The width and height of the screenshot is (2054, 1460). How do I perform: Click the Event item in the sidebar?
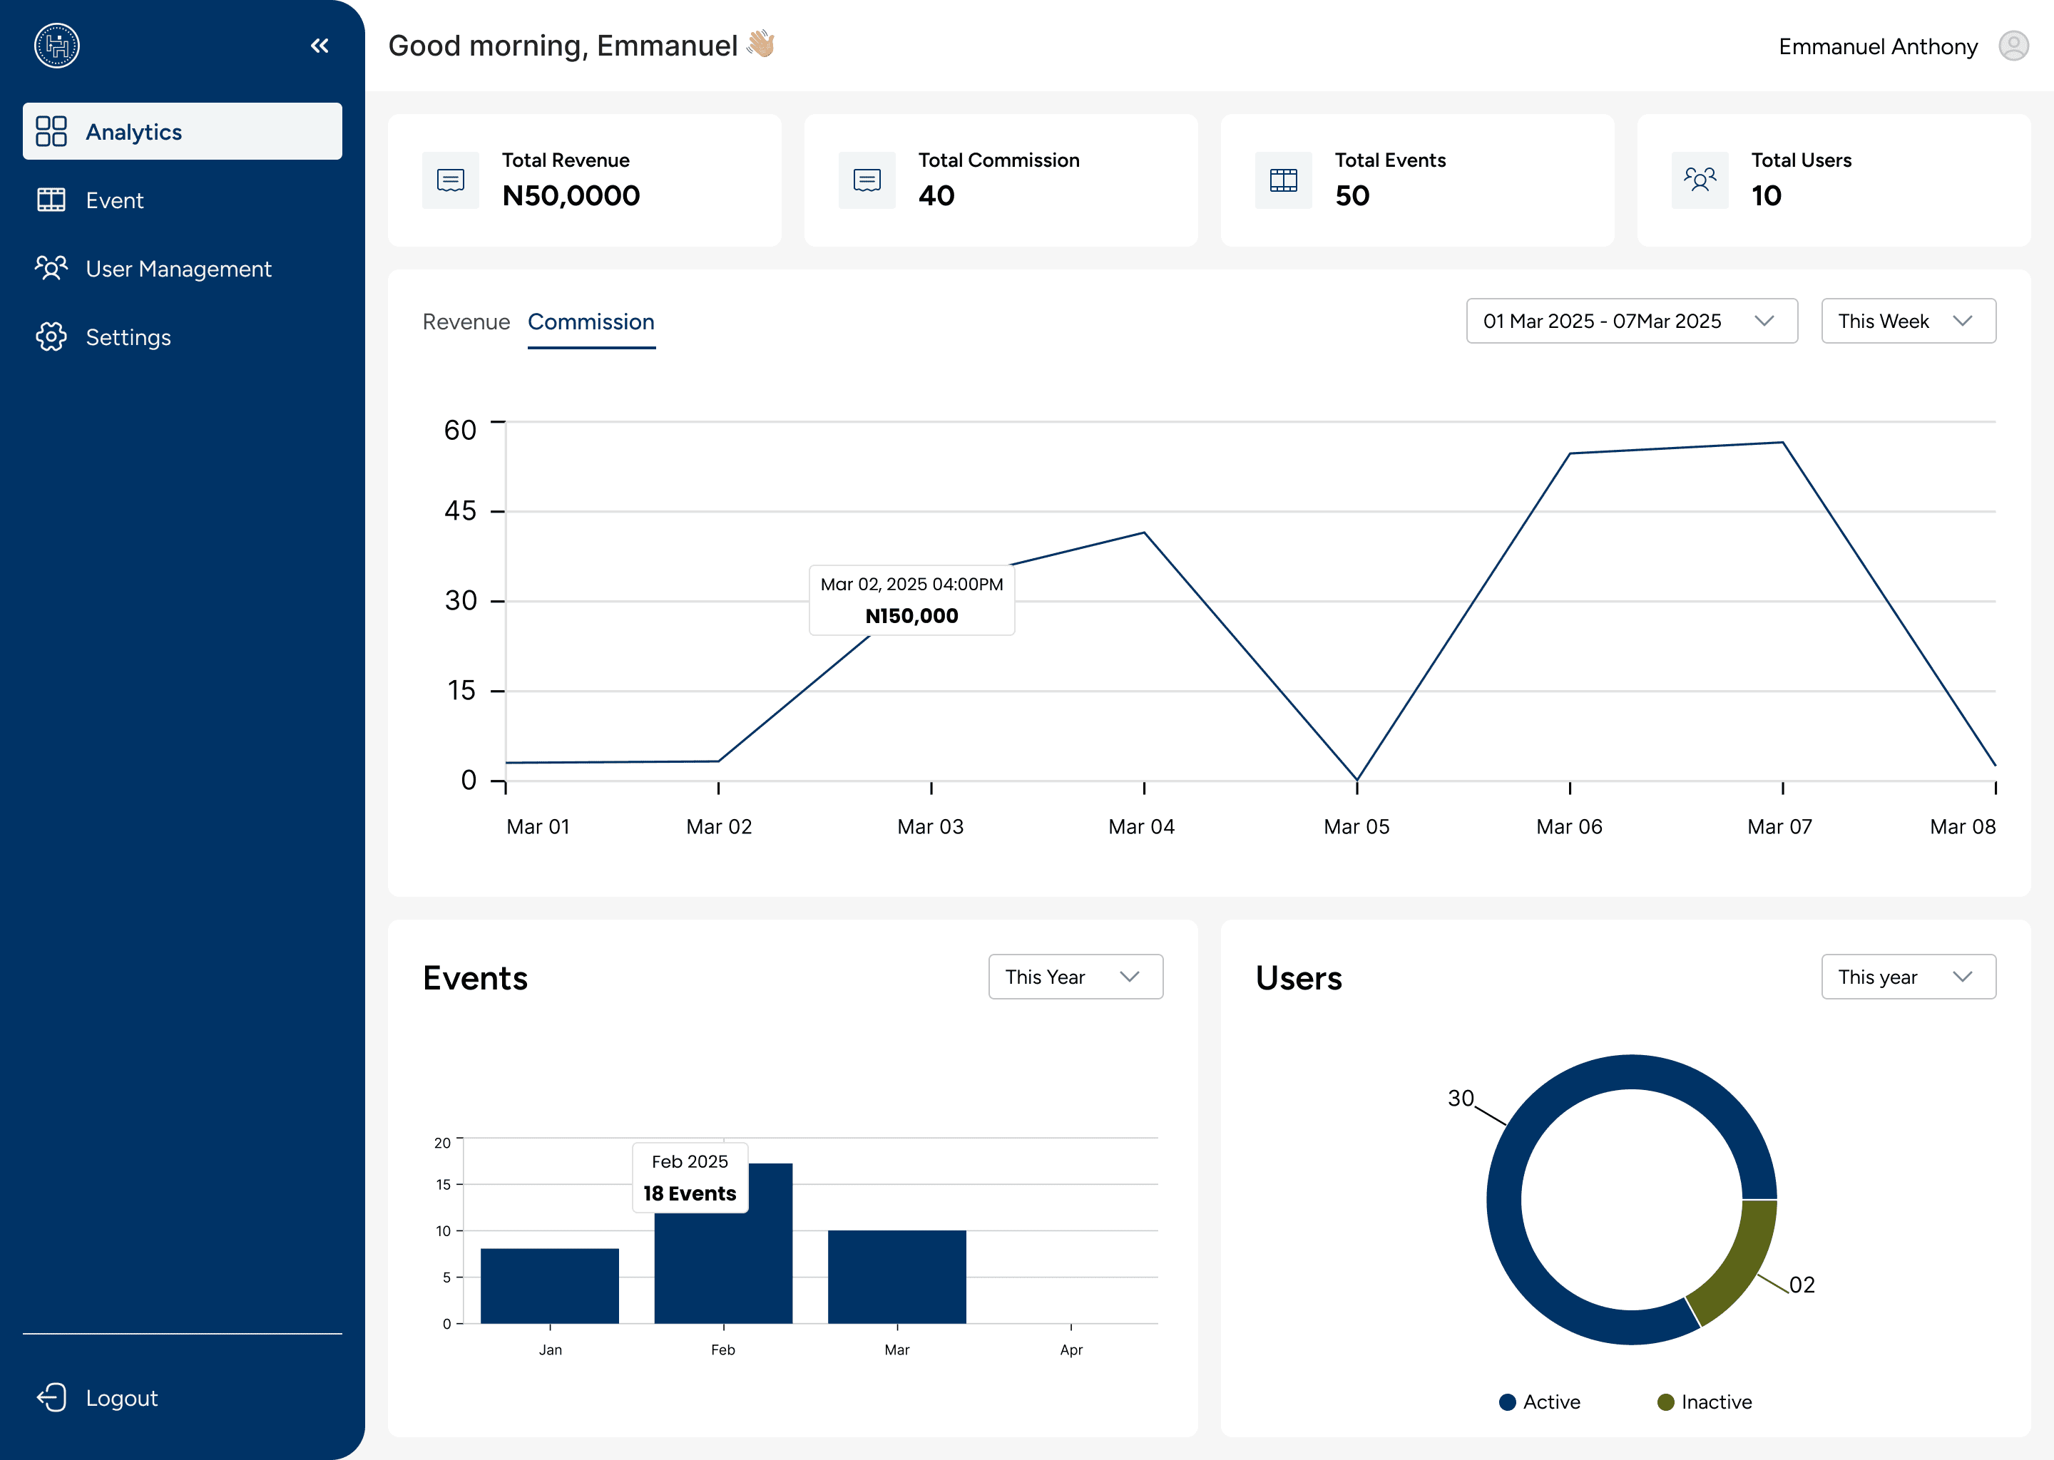pyautogui.click(x=114, y=200)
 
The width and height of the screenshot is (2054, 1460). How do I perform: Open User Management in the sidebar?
pyautogui.click(x=178, y=269)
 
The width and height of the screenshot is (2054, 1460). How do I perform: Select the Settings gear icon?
pyautogui.click(x=51, y=337)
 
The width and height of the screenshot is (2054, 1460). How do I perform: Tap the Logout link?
pyautogui.click(x=121, y=1398)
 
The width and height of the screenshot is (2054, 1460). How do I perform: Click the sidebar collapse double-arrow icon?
pyautogui.click(x=320, y=46)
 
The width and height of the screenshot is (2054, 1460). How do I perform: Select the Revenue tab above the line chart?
pyautogui.click(x=466, y=322)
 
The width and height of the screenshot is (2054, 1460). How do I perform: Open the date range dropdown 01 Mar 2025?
pyautogui.click(x=1631, y=321)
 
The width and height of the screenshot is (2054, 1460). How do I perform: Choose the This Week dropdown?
pyautogui.click(x=1909, y=321)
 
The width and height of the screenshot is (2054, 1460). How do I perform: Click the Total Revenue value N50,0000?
pyautogui.click(x=571, y=196)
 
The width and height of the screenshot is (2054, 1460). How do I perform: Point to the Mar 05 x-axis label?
pyautogui.click(x=1356, y=827)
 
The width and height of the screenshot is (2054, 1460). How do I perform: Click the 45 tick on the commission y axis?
pyautogui.click(x=461, y=510)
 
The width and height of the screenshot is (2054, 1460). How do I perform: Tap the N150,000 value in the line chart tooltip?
pyautogui.click(x=912, y=616)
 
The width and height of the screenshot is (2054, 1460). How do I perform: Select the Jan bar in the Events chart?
pyautogui.click(x=549, y=1285)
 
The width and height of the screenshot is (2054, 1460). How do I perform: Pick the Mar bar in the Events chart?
pyautogui.click(x=896, y=1277)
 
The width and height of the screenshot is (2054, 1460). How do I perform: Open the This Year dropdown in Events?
pyautogui.click(x=1075, y=977)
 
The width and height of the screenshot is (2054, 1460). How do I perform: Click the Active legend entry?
pyautogui.click(x=1540, y=1402)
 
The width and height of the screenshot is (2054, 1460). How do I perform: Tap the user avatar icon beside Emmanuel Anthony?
pyautogui.click(x=2013, y=46)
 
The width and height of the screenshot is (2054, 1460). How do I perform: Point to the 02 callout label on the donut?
pyautogui.click(x=1802, y=1285)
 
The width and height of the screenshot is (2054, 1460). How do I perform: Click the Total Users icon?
pyautogui.click(x=1700, y=180)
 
